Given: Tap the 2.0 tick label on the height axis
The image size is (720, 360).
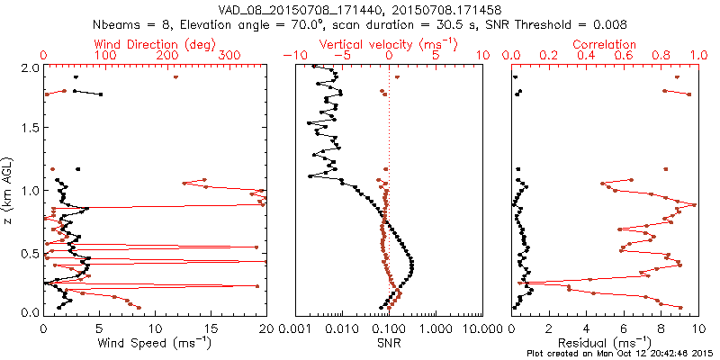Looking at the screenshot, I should (x=29, y=67).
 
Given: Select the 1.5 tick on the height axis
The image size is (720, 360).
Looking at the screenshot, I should (x=29, y=129).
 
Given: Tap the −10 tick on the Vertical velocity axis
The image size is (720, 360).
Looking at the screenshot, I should (x=290, y=56).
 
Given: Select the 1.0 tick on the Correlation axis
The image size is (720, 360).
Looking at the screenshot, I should (x=696, y=56).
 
